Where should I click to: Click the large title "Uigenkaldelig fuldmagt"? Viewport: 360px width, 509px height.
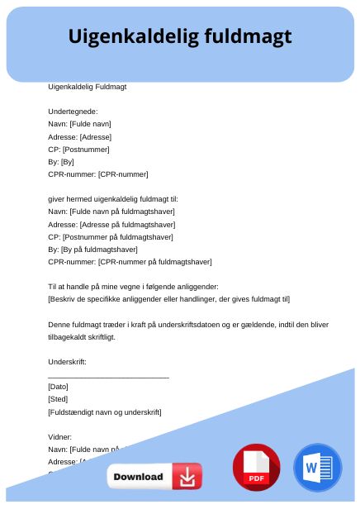[179, 37]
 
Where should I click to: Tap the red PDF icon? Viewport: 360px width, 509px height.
[257, 468]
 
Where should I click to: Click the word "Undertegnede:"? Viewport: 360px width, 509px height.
[73, 111]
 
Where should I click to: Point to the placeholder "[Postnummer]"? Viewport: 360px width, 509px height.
[86, 150]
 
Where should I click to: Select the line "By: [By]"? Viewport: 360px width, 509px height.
[61, 162]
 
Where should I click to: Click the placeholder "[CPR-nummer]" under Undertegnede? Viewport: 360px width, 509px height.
[123, 174]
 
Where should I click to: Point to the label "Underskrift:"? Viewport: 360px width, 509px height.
[68, 362]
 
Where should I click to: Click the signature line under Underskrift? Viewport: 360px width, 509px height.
[108, 377]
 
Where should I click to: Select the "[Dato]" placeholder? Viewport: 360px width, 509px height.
[58, 387]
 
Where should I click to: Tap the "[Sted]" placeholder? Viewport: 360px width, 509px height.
[58, 399]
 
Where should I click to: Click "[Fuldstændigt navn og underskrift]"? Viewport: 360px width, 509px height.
[105, 411]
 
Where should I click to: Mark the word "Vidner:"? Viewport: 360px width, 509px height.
[60, 436]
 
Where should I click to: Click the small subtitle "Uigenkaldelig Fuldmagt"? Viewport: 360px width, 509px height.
[87, 86]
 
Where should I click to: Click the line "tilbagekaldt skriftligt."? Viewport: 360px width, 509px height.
[82, 337]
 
